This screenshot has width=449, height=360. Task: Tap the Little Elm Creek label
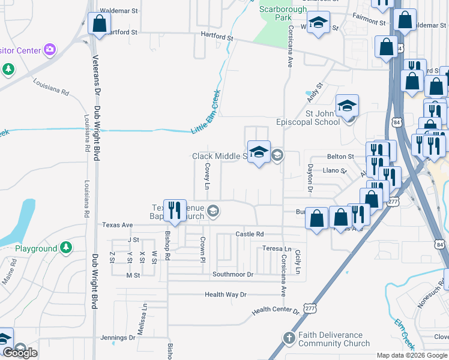(x=206, y=112)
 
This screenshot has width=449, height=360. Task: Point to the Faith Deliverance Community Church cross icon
(x=289, y=338)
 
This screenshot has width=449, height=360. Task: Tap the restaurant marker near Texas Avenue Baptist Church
(x=175, y=210)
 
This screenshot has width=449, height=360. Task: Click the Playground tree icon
(x=66, y=247)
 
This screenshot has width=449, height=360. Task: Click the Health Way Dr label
(x=226, y=295)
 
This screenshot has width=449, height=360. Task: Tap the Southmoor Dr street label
(x=233, y=274)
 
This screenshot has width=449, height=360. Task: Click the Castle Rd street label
(x=250, y=234)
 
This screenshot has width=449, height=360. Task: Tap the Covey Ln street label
(x=207, y=176)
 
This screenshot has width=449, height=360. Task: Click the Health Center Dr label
(x=276, y=310)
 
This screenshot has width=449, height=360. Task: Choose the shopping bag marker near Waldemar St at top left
(x=99, y=24)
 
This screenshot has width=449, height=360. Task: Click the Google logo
(x=20, y=353)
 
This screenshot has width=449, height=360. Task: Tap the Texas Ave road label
(x=117, y=225)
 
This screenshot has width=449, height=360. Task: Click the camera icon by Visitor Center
(x=50, y=49)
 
